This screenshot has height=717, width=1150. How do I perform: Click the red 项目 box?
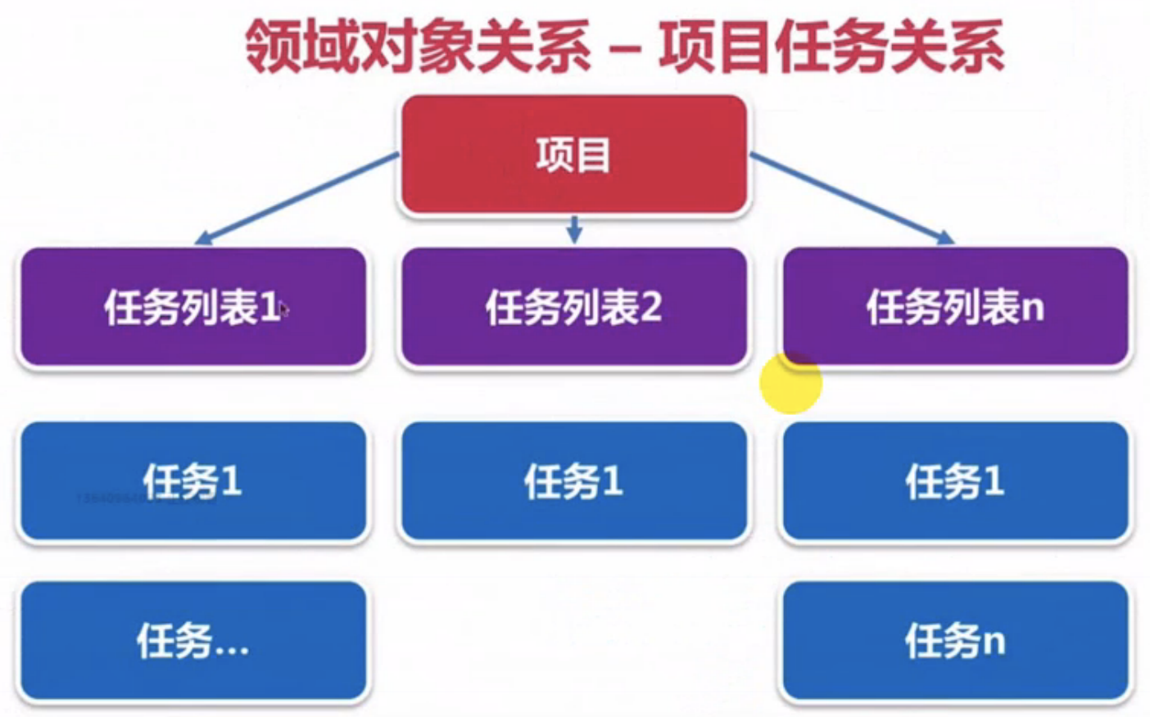(573, 156)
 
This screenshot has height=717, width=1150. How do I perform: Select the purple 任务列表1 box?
(192, 307)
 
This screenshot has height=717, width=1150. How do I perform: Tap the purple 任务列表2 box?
(573, 307)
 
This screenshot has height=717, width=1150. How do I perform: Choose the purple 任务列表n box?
(955, 307)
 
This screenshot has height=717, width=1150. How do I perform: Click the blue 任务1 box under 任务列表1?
(192, 481)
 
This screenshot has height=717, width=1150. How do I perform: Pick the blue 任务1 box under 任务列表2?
(573, 481)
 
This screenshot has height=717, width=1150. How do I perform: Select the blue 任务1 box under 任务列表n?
(955, 481)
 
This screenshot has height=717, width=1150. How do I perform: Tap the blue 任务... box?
(192, 641)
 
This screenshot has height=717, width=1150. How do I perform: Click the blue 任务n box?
(955, 641)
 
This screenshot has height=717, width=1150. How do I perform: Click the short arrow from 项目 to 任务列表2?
(574, 229)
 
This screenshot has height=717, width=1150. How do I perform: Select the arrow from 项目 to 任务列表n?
(852, 198)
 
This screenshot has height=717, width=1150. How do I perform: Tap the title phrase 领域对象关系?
(418, 46)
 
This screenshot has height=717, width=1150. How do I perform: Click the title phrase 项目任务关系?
(831, 46)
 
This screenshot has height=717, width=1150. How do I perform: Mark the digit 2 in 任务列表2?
(650, 308)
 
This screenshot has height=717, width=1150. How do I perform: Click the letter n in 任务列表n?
(1034, 309)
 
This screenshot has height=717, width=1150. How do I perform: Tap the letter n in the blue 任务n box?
(994, 643)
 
